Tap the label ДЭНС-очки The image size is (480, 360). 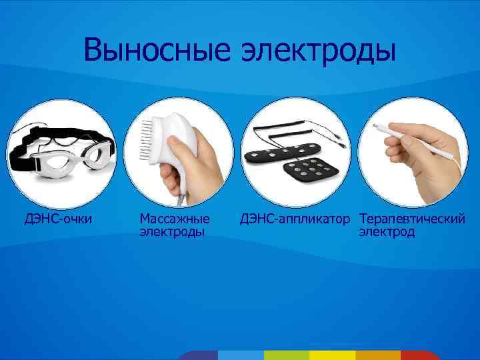point(59,218)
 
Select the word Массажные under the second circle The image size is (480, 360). point(175,218)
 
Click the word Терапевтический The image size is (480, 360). point(411,218)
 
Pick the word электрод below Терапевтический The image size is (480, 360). point(387,231)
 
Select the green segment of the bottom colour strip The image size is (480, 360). point(286,355)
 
